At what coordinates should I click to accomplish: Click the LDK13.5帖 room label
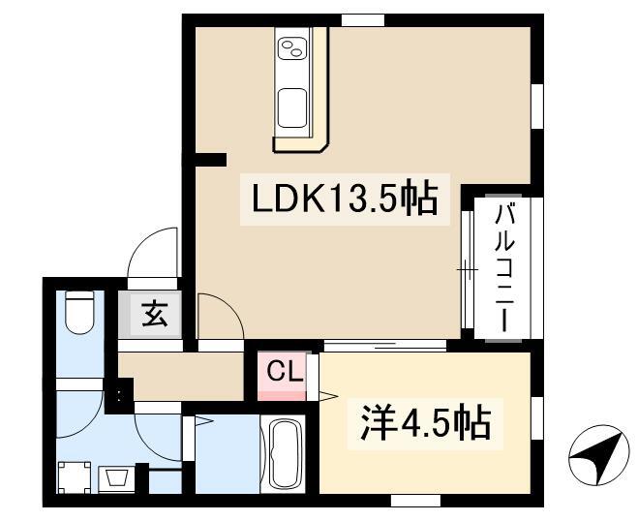(345, 199)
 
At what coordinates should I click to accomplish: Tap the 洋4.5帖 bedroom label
(425, 424)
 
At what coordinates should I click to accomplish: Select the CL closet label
(285, 372)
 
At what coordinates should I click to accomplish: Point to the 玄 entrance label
(155, 314)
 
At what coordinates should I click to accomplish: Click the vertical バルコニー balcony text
(504, 268)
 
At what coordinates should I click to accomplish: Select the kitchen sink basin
(292, 107)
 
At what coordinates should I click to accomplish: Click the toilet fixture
(79, 312)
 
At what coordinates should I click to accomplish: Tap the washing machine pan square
(74, 477)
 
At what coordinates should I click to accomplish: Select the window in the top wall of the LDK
(362, 20)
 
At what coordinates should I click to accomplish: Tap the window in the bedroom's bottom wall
(415, 501)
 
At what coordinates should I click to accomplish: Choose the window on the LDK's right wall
(537, 107)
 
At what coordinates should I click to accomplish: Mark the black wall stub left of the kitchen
(210, 160)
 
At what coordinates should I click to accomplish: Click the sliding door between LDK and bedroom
(385, 346)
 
